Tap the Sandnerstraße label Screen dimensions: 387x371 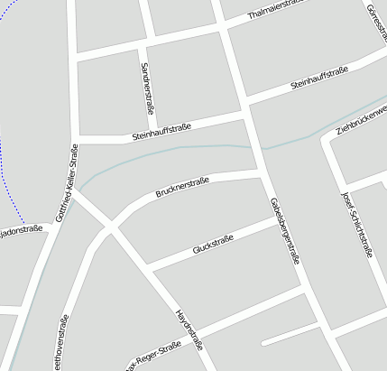[148, 88]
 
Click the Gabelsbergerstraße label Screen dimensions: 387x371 [283, 230]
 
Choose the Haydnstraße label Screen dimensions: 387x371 [188, 329]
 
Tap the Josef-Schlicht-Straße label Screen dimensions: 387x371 [356, 225]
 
